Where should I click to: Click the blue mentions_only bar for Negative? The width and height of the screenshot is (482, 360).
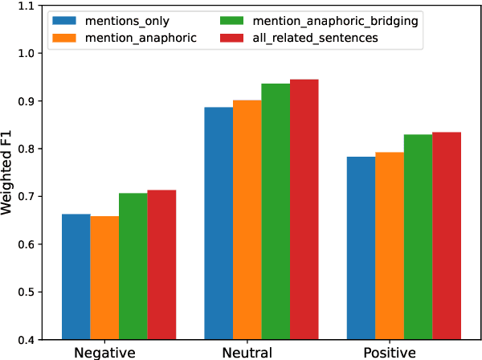click(76, 276)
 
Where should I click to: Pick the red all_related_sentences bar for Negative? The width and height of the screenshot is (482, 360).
click(161, 264)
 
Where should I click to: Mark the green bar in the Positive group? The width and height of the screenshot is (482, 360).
click(418, 236)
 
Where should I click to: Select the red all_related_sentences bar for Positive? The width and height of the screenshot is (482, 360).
click(447, 235)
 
